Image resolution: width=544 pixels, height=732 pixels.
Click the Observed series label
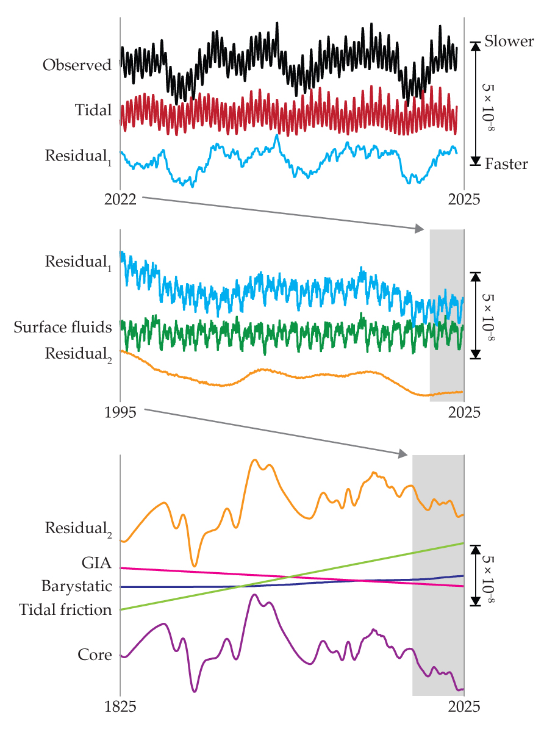tap(77, 65)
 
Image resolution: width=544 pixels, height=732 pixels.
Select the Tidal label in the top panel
tap(93, 110)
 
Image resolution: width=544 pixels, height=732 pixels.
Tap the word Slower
tap(509, 42)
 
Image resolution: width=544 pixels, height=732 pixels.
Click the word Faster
tap(506, 164)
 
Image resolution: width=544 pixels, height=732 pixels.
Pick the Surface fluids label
tap(63, 328)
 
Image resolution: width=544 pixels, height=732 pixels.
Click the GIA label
tap(96, 562)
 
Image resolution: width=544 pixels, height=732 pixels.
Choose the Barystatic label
tap(77, 587)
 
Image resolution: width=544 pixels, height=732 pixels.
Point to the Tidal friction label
tap(65, 610)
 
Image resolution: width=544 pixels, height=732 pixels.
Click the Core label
tap(95, 655)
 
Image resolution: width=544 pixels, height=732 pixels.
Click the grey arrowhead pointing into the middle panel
tap(420, 229)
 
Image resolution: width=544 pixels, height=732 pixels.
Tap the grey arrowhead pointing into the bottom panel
tap(403, 454)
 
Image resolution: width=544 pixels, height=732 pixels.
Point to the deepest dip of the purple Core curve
tap(195, 691)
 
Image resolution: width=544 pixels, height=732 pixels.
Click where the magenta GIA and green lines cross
tap(289, 576)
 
